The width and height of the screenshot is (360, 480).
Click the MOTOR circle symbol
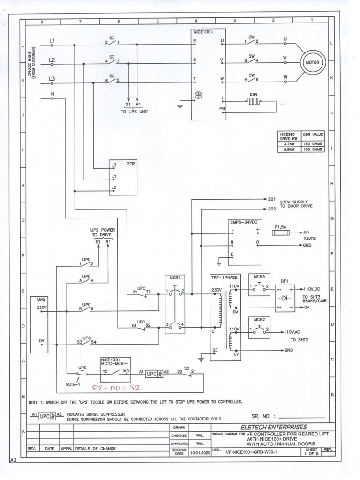tap(313, 62)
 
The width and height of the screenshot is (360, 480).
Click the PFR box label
tap(130, 165)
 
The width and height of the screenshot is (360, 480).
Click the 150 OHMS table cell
tap(313, 144)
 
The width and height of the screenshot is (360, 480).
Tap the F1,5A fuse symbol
tap(281, 232)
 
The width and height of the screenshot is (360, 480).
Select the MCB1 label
tap(174, 278)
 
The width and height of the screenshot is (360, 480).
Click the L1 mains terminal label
tap(52, 41)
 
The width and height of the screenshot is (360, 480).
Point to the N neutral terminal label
tap(52, 94)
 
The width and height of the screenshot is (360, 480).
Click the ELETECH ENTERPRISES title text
tap(274, 427)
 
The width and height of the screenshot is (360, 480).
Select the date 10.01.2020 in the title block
tap(200, 453)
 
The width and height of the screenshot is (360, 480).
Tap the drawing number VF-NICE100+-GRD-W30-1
tap(251, 453)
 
